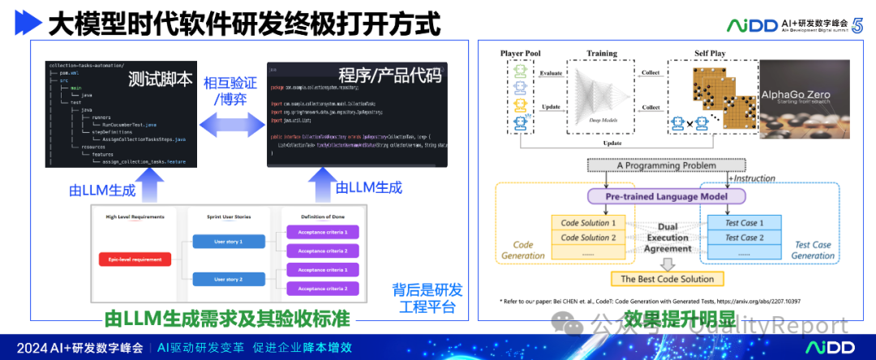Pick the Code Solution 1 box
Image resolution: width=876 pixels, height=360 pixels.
click(x=587, y=222)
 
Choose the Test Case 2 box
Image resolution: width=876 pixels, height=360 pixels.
click(x=741, y=238)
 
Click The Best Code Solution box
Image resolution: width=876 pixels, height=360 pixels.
click(x=668, y=279)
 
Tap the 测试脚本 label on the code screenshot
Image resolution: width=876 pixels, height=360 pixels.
click(x=160, y=79)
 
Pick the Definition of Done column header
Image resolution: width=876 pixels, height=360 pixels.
click(x=316, y=216)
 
